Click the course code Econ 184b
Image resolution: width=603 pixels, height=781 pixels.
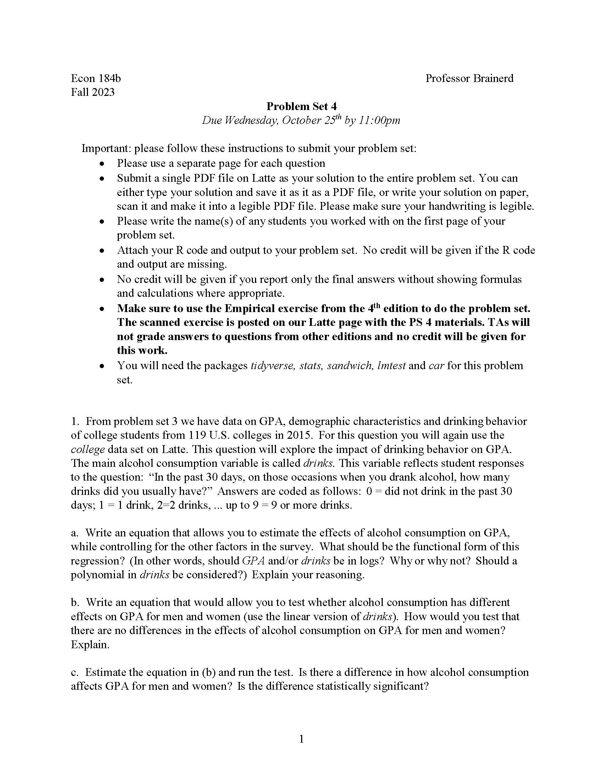click(x=96, y=78)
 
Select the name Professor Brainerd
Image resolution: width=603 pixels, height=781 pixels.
click(x=469, y=78)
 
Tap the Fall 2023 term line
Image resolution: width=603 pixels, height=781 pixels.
click(x=93, y=92)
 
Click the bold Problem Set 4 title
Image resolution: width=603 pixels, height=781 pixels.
click(x=301, y=106)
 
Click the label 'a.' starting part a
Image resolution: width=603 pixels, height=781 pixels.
click(x=74, y=533)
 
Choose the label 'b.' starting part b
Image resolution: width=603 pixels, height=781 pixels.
click(x=74, y=602)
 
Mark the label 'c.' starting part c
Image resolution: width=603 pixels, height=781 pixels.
click(x=74, y=672)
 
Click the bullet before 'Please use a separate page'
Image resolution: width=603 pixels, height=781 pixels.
click(x=102, y=164)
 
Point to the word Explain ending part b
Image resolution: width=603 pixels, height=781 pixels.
click(x=90, y=645)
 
